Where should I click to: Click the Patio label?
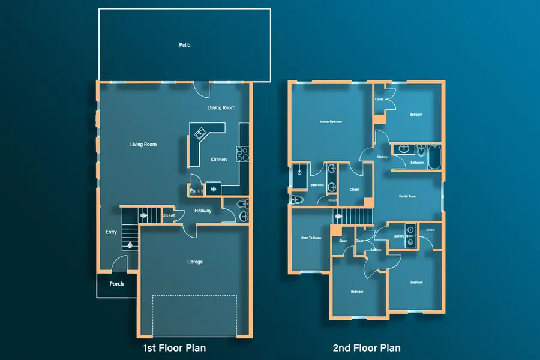point(185,45)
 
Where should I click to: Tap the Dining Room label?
point(221,108)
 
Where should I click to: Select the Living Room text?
point(143,145)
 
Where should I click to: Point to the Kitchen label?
point(218,160)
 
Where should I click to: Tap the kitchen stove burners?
point(243,154)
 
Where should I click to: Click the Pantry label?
point(197,191)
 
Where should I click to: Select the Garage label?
point(194,262)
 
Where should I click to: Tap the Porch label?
point(116,284)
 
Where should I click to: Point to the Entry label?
point(112,232)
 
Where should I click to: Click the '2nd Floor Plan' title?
point(367,348)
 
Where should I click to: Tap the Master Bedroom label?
point(331,122)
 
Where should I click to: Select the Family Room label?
point(408,196)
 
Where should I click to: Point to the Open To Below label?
point(311,238)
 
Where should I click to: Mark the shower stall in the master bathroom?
point(299,177)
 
